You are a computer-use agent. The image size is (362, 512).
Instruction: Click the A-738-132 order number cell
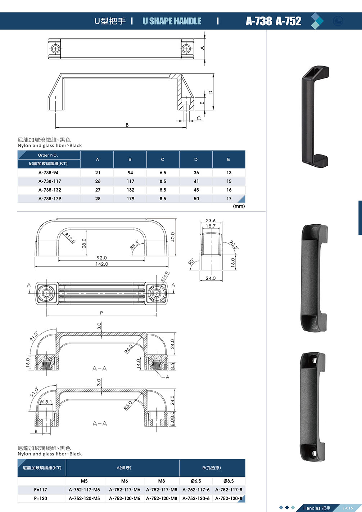tap(50, 190)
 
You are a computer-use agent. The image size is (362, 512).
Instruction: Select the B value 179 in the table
tap(130, 199)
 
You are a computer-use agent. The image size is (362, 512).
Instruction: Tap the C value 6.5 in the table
tap(163, 172)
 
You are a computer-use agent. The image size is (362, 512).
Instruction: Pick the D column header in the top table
tap(196, 159)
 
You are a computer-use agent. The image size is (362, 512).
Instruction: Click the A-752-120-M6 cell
tap(125, 498)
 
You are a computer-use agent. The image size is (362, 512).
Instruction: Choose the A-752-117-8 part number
tap(228, 490)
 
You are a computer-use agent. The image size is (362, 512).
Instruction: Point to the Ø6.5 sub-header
tap(196, 481)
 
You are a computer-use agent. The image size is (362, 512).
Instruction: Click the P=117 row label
tap(40, 490)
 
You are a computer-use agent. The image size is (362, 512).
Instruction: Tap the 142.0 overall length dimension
tap(101, 264)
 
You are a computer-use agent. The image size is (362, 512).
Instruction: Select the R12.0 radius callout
tap(70, 238)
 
